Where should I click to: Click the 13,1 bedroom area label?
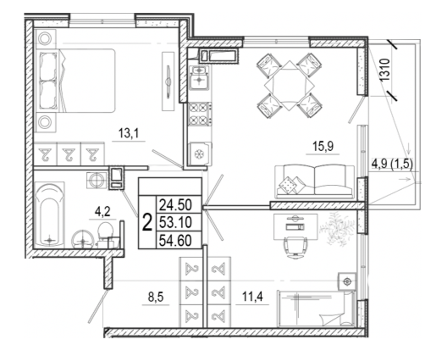pyautogui.click(x=129, y=133)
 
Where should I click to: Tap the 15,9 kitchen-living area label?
pyautogui.click(x=323, y=146)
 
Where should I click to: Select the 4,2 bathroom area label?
pyautogui.click(x=102, y=212)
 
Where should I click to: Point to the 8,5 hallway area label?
pyautogui.click(x=156, y=297)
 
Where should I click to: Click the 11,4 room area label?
pyautogui.click(x=252, y=297)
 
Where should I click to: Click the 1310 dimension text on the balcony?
pyautogui.click(x=386, y=70)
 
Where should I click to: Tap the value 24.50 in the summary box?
pyautogui.click(x=175, y=205)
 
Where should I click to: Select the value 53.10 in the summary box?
pyautogui.click(x=175, y=223)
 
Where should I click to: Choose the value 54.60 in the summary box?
pyautogui.click(x=175, y=240)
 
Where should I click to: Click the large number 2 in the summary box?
pyautogui.click(x=147, y=223)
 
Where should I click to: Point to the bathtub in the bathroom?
pyautogui.click(x=49, y=215)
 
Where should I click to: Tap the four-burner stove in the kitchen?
pyautogui.click(x=199, y=114)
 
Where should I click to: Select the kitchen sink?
pyautogui.click(x=199, y=78)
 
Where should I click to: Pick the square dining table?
pyautogui.click(x=289, y=85)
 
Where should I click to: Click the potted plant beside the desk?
pyautogui.click(x=337, y=229)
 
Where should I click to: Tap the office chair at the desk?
pyautogui.click(x=295, y=247)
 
